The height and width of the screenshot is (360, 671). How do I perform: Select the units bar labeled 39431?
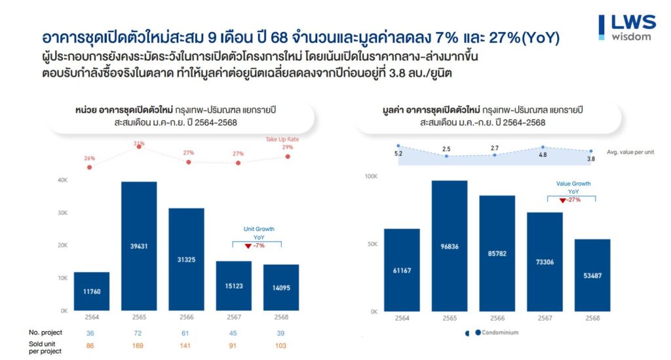pos(139,246)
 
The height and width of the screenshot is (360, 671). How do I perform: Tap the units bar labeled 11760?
pos(92,291)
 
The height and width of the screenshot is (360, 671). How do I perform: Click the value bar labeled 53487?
pos(592,275)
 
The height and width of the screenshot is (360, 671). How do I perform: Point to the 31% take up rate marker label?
pos(139,143)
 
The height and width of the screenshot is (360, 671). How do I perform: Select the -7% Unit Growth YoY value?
pos(258,245)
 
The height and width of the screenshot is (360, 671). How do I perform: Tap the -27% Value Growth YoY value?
pos(573,200)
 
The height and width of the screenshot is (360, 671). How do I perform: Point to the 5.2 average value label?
pos(398,153)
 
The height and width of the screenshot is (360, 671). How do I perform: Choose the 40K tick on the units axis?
pos(63,180)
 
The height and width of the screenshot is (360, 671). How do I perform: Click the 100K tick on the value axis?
pos(371,176)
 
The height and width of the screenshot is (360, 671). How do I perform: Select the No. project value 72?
pos(139,332)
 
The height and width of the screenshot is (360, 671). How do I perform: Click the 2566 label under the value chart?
pos(497,318)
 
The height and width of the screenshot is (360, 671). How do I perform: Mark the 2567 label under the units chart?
pos(233,317)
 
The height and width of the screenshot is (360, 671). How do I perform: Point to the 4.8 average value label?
pos(543,155)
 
